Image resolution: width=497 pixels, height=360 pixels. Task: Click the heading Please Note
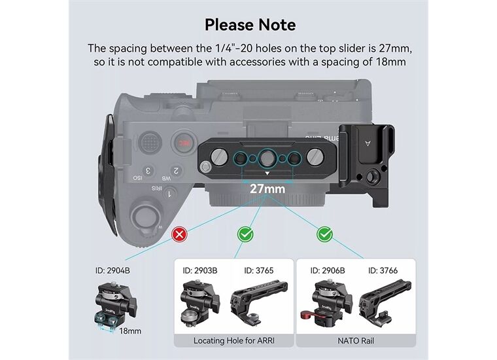point(250,25)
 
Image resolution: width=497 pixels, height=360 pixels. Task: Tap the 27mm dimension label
point(267,189)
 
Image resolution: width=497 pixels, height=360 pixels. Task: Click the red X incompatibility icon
point(178,234)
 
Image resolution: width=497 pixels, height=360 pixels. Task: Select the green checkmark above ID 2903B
point(245,234)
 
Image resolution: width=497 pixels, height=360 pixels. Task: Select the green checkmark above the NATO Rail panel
point(323,234)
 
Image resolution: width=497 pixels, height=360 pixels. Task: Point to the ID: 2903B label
point(200,270)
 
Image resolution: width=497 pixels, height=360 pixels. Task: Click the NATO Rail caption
point(356,340)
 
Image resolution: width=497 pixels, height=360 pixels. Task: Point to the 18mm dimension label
point(130,331)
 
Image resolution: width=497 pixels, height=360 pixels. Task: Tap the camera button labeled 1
point(170,194)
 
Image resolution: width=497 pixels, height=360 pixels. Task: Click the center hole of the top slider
point(267,157)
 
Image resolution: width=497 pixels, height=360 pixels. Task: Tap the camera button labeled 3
point(149,171)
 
